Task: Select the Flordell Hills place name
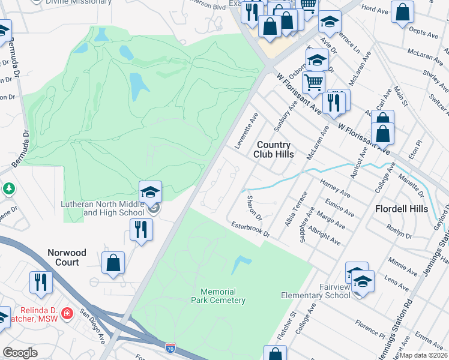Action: pyautogui.click(x=402, y=209)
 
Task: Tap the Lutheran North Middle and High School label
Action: pyautogui.click(x=103, y=208)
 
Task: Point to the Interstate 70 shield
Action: pyautogui.click(x=170, y=346)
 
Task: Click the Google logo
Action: pyautogui.click(x=20, y=353)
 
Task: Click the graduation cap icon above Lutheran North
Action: pyautogui.click(x=150, y=192)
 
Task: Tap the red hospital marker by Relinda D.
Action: pyautogui.click(x=67, y=313)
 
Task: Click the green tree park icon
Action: pyautogui.click(x=9, y=189)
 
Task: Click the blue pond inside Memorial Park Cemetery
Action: pyautogui.click(x=240, y=263)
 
